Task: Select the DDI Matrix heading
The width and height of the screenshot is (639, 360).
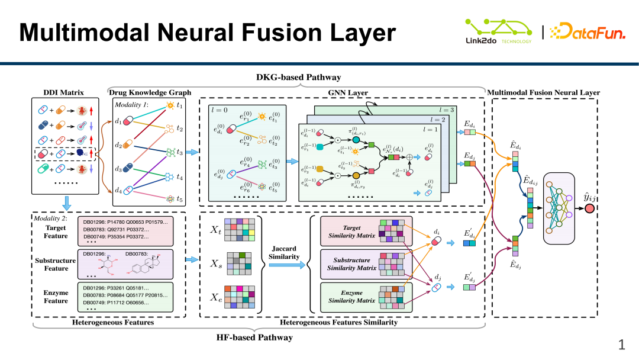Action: [x=64, y=92]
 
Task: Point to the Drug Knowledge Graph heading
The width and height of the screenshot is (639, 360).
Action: [x=150, y=92]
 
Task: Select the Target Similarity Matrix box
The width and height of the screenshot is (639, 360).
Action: [x=366, y=232]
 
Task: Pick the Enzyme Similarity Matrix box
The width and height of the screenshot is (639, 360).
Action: [x=366, y=297]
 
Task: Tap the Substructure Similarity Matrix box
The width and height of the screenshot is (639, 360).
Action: [x=366, y=264]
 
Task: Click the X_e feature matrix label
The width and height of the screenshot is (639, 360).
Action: [x=217, y=297]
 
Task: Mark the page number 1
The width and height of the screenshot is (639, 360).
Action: [x=622, y=345]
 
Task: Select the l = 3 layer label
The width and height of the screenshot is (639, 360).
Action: [x=452, y=110]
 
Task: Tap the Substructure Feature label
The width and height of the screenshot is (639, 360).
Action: [x=56, y=264]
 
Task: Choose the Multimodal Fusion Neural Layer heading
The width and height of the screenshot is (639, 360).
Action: [x=543, y=92]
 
